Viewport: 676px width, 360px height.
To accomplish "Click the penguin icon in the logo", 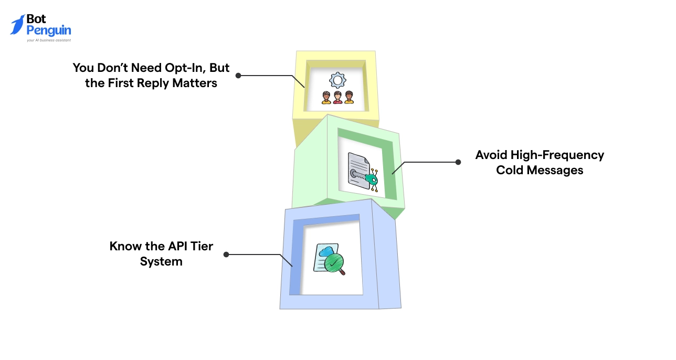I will [x=17, y=25].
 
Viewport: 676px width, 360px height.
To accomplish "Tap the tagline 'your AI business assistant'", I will [x=49, y=40].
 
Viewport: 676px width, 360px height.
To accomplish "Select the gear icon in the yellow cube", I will [x=337, y=80].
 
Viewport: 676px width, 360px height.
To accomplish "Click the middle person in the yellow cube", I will [x=337, y=98].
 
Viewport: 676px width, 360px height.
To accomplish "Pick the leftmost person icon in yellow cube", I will [x=326, y=98].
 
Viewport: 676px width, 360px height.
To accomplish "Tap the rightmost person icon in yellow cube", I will [x=349, y=98].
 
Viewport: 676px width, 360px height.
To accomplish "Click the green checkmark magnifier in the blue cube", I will [x=333, y=264].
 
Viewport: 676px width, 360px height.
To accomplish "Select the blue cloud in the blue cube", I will [x=326, y=251].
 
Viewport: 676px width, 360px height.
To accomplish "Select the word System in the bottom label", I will [x=161, y=261].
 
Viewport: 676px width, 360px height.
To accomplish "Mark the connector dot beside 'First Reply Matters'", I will [x=238, y=76].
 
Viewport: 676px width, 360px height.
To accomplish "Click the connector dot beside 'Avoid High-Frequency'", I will [x=458, y=162].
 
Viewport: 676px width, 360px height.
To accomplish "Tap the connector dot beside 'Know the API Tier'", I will [x=226, y=254].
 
